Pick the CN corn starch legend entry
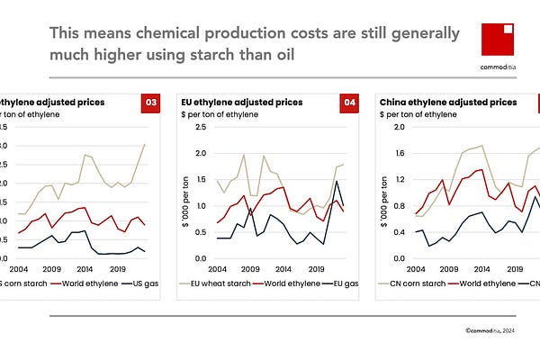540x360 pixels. pos(418,283)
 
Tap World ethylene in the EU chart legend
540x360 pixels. pos(286,283)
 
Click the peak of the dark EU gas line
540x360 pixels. pos(337,182)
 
